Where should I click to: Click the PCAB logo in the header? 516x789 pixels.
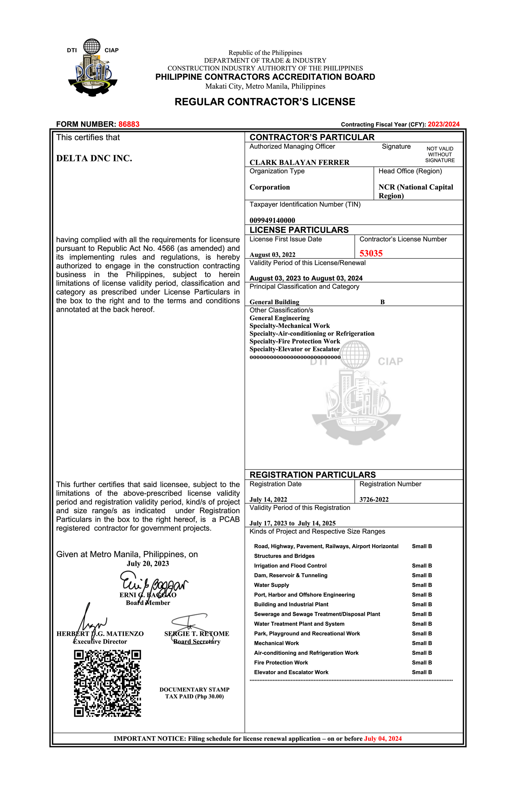click(93, 68)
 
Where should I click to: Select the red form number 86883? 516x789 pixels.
click(129, 124)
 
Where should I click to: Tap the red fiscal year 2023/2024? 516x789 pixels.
click(443, 124)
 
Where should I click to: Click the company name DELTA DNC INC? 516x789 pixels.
click(94, 159)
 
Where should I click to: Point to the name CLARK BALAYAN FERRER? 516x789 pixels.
click(299, 162)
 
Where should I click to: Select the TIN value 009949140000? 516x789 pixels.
click(272, 220)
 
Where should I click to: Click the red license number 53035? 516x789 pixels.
click(371, 254)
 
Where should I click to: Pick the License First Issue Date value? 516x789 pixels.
click(272, 254)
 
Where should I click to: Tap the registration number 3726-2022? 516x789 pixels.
click(374, 500)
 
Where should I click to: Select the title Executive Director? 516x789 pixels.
click(100, 641)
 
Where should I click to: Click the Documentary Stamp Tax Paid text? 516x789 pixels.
click(194, 693)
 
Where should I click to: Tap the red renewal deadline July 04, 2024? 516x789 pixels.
click(383, 739)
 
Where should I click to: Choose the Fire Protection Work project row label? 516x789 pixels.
click(281, 663)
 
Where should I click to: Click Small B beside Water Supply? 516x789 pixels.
click(422, 585)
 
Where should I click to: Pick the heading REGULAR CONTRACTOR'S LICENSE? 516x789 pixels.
click(265, 102)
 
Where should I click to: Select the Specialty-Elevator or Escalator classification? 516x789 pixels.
click(294, 349)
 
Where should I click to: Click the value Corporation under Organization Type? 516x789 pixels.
click(270, 187)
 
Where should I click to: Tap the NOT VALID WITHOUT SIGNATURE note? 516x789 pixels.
click(440, 154)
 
